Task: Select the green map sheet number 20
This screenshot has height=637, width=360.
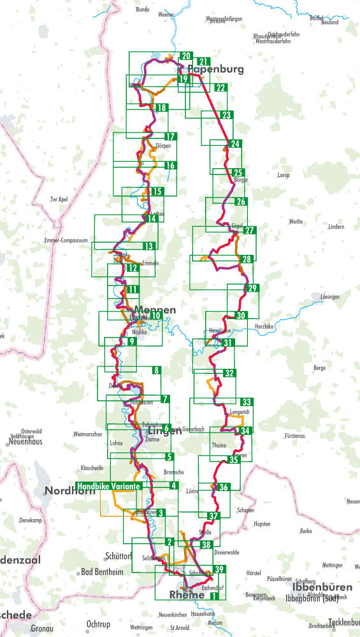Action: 186,56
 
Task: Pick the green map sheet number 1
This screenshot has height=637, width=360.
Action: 215,596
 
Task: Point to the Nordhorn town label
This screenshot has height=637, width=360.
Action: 66,491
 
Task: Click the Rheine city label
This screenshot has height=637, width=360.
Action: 187,595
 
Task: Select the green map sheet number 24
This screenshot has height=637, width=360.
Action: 235,144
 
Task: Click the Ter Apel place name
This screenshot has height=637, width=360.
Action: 59,199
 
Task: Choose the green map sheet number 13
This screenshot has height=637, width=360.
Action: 148,246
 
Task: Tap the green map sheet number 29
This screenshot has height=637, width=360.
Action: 252,289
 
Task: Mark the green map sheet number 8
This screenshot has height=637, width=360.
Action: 155,370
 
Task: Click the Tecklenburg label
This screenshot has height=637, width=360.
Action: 344,622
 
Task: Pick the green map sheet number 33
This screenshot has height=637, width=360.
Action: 246,401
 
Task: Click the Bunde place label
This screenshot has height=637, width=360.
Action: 143,10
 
